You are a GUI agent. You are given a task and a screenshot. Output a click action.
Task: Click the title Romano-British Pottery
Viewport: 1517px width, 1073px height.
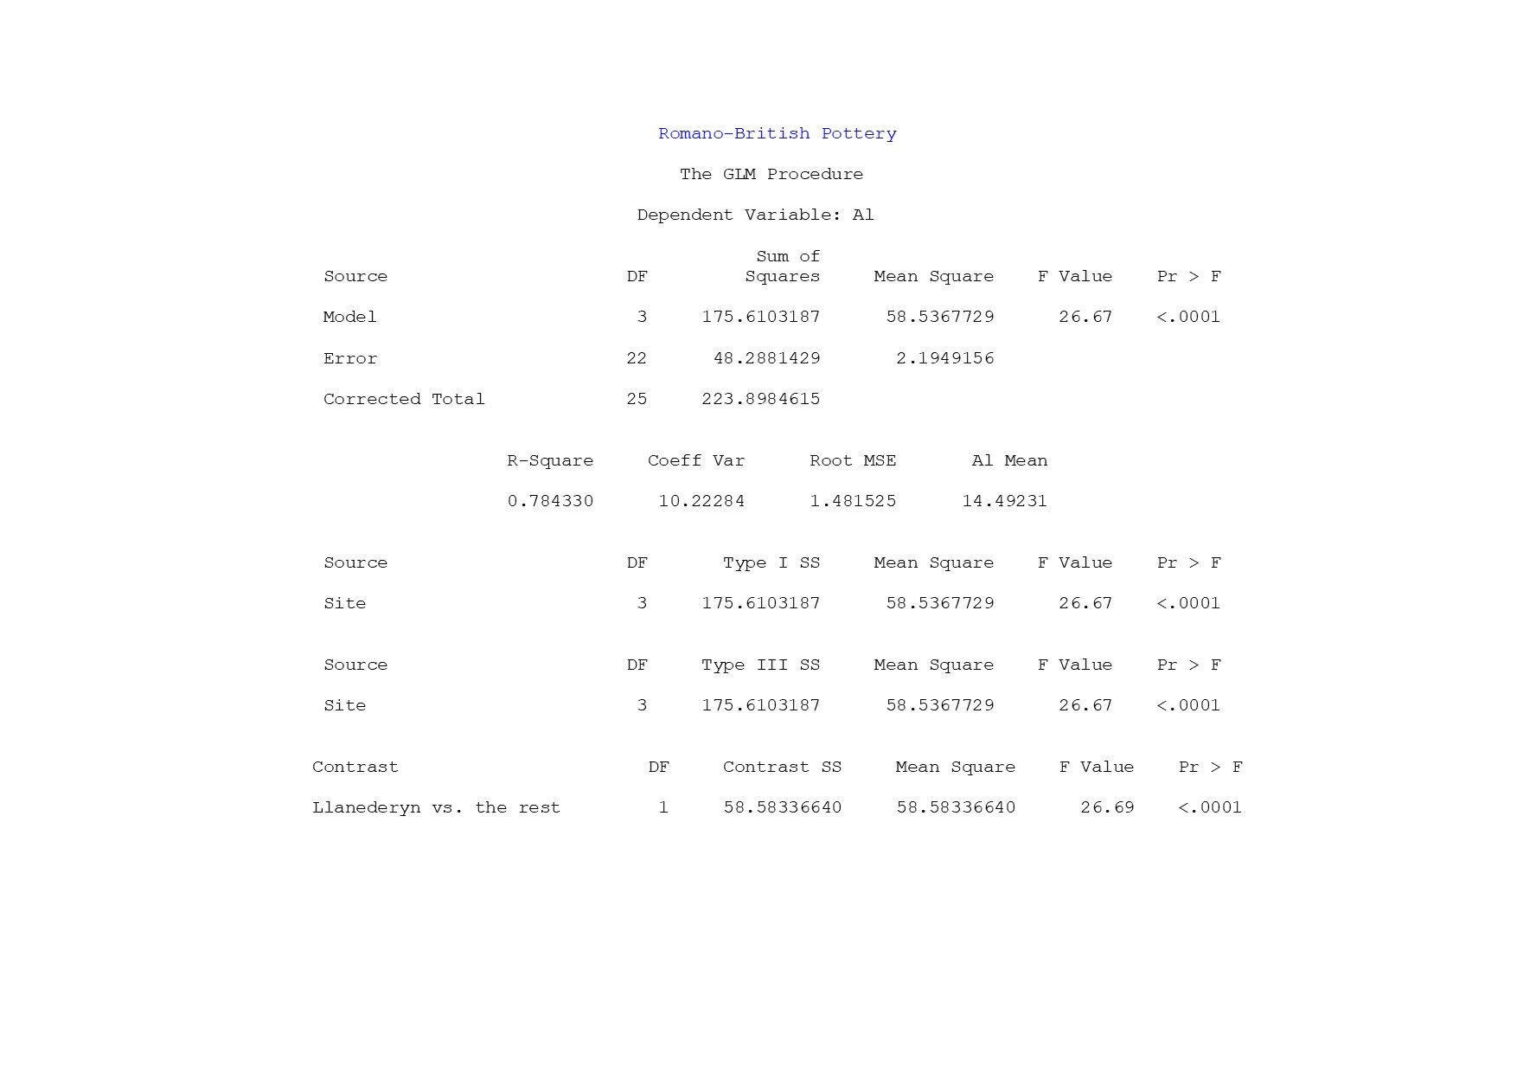777,133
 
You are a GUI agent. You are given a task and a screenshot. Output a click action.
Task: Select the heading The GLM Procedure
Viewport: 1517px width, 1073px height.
771,174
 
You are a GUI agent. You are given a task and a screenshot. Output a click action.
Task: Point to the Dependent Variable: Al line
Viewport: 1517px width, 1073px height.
755,215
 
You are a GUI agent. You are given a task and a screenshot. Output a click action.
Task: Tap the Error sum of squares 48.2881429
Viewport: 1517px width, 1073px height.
766,358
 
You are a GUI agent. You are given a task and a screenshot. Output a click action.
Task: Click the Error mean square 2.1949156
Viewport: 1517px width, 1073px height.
944,358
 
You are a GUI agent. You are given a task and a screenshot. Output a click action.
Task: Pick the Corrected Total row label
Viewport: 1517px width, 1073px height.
404,399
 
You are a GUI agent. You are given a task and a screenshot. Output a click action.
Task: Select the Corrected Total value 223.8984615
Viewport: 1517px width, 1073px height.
760,399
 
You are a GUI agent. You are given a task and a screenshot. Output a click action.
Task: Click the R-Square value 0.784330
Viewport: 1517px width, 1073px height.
550,501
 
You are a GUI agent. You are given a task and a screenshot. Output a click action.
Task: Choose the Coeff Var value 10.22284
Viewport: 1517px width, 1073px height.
701,501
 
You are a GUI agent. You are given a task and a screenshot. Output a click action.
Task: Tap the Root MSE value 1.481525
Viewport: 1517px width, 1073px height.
853,501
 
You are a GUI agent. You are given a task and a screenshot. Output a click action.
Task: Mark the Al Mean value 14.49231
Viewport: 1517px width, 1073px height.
1004,501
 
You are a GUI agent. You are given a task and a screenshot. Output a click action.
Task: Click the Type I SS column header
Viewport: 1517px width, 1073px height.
771,562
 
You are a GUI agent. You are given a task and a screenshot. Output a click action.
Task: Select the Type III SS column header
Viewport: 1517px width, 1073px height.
760,665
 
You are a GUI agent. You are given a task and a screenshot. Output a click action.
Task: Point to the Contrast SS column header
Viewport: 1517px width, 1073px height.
782,767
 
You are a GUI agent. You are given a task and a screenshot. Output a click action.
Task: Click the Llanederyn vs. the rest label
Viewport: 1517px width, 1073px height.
436,807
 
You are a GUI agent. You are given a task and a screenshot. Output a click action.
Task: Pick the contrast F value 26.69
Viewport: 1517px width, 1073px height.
1107,807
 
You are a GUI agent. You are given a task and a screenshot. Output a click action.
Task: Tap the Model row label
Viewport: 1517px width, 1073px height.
349,317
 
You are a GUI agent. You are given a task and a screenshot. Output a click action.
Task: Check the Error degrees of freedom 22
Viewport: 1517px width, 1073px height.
637,358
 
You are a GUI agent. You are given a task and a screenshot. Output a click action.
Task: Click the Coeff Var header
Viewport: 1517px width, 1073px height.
696,460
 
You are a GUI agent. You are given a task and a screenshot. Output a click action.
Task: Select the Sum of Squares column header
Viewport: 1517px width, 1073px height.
783,267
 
